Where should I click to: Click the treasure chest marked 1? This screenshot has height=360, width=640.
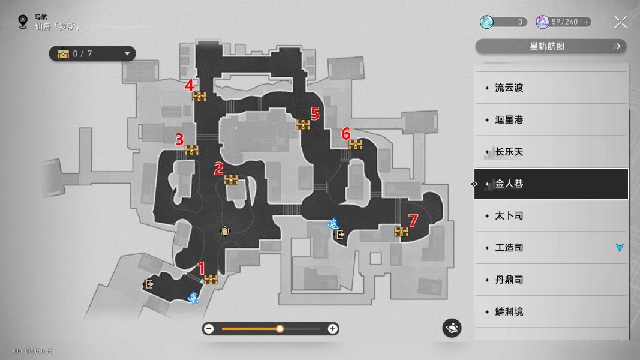pos(211,279)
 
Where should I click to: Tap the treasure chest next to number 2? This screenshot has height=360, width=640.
pos(231,179)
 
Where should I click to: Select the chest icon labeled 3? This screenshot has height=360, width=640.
pos(191,150)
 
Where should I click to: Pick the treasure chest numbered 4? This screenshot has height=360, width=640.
pos(199,97)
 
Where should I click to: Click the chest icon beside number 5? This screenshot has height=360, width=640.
pos(303,124)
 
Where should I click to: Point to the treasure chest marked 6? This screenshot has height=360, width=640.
pos(356,145)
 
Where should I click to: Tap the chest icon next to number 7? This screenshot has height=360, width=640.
pos(401,232)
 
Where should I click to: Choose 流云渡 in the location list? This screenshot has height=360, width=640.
pos(509,88)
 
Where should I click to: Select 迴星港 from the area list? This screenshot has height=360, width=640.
pos(509,119)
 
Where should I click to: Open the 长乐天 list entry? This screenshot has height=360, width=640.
pos(509,152)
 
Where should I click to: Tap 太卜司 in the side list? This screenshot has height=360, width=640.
pos(509,215)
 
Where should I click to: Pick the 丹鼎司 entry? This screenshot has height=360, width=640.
pos(509,280)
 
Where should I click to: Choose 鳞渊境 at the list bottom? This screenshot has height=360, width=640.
pos(509,311)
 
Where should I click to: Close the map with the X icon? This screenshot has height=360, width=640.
pos(620,22)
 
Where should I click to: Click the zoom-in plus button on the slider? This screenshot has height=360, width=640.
pos(333,329)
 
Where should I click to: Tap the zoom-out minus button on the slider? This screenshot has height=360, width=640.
pos(209,329)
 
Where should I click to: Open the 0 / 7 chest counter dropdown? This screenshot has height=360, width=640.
pos(92,53)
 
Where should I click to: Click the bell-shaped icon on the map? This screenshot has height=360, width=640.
pos(225,231)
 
